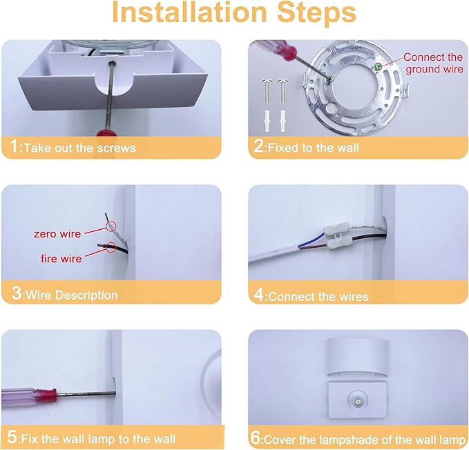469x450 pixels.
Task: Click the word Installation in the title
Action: (189, 12)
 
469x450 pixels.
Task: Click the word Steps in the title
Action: (316, 13)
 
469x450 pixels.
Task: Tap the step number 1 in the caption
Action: (14, 146)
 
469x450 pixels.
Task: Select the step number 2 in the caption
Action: (258, 146)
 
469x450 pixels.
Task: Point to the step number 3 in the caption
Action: (17, 293)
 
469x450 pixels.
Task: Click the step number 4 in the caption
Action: (259, 294)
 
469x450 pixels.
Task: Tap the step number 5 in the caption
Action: (12, 437)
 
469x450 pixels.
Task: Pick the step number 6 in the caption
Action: (256, 438)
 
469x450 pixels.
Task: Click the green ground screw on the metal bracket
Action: (378, 66)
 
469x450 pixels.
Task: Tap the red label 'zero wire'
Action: (57, 234)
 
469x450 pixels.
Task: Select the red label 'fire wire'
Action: (61, 258)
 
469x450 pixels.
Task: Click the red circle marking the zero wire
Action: (111, 226)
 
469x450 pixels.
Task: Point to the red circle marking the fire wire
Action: (111, 246)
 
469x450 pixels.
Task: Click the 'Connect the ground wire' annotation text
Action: (433, 63)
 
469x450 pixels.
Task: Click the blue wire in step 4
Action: (311, 242)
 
